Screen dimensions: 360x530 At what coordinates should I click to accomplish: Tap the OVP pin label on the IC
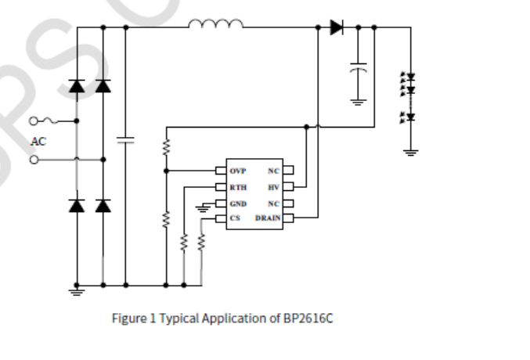pos(237,171)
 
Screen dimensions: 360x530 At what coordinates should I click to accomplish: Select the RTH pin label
pos(237,187)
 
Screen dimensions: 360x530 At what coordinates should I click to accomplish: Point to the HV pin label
pos(273,187)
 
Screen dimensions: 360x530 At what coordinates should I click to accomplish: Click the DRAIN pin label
pos(267,219)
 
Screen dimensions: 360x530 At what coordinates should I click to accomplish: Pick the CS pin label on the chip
pos(235,219)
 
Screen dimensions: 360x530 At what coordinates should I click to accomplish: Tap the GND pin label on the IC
pos(238,203)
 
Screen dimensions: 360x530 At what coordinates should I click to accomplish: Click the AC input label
pos(38,142)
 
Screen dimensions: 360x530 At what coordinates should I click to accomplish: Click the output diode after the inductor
pos(337,27)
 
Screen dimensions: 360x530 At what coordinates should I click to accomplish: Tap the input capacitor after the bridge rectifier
pos(125,140)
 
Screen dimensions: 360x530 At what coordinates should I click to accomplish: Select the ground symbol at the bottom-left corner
pos(76,291)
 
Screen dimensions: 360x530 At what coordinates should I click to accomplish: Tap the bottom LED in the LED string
pos(409,118)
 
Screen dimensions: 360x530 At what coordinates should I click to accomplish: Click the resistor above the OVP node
pos(166,146)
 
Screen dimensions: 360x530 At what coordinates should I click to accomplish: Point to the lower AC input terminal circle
pos(33,160)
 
